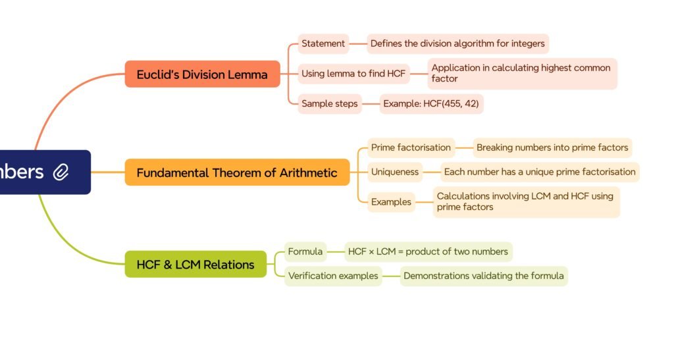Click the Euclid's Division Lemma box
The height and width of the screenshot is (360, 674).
(202, 74)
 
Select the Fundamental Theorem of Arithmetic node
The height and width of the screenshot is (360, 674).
(237, 172)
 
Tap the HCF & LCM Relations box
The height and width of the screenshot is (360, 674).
(195, 265)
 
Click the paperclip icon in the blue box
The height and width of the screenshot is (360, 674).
(61, 172)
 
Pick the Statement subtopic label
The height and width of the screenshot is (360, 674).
(323, 44)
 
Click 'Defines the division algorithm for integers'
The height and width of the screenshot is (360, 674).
(457, 44)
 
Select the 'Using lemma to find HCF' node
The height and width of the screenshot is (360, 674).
(353, 74)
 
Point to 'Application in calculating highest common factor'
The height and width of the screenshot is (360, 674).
(522, 73)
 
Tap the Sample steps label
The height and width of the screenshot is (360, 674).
(330, 103)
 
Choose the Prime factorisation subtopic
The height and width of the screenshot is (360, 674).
(411, 147)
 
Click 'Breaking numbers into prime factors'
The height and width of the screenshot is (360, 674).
(552, 147)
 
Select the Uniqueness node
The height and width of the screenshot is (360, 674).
(395, 172)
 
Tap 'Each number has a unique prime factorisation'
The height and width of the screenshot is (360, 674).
(540, 172)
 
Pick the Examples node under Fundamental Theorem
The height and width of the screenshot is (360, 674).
(391, 202)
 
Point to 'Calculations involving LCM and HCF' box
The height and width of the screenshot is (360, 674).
(526, 201)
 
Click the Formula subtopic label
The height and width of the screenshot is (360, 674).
(305, 251)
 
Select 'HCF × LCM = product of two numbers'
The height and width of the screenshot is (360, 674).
(428, 251)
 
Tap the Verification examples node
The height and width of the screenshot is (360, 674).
(333, 276)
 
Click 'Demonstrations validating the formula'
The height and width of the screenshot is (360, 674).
(483, 276)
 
